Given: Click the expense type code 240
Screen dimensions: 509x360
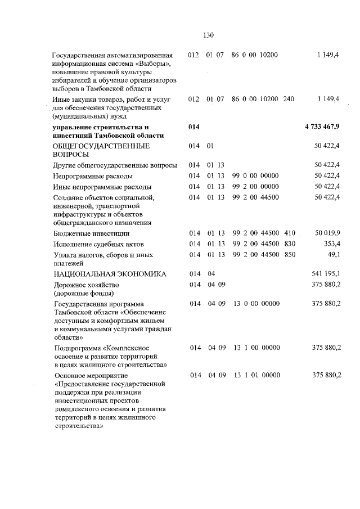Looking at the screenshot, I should tap(289, 99).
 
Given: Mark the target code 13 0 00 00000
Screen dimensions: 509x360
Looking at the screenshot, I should tap(256, 304).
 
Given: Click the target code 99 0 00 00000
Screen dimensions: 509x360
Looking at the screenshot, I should tap(256, 176).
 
